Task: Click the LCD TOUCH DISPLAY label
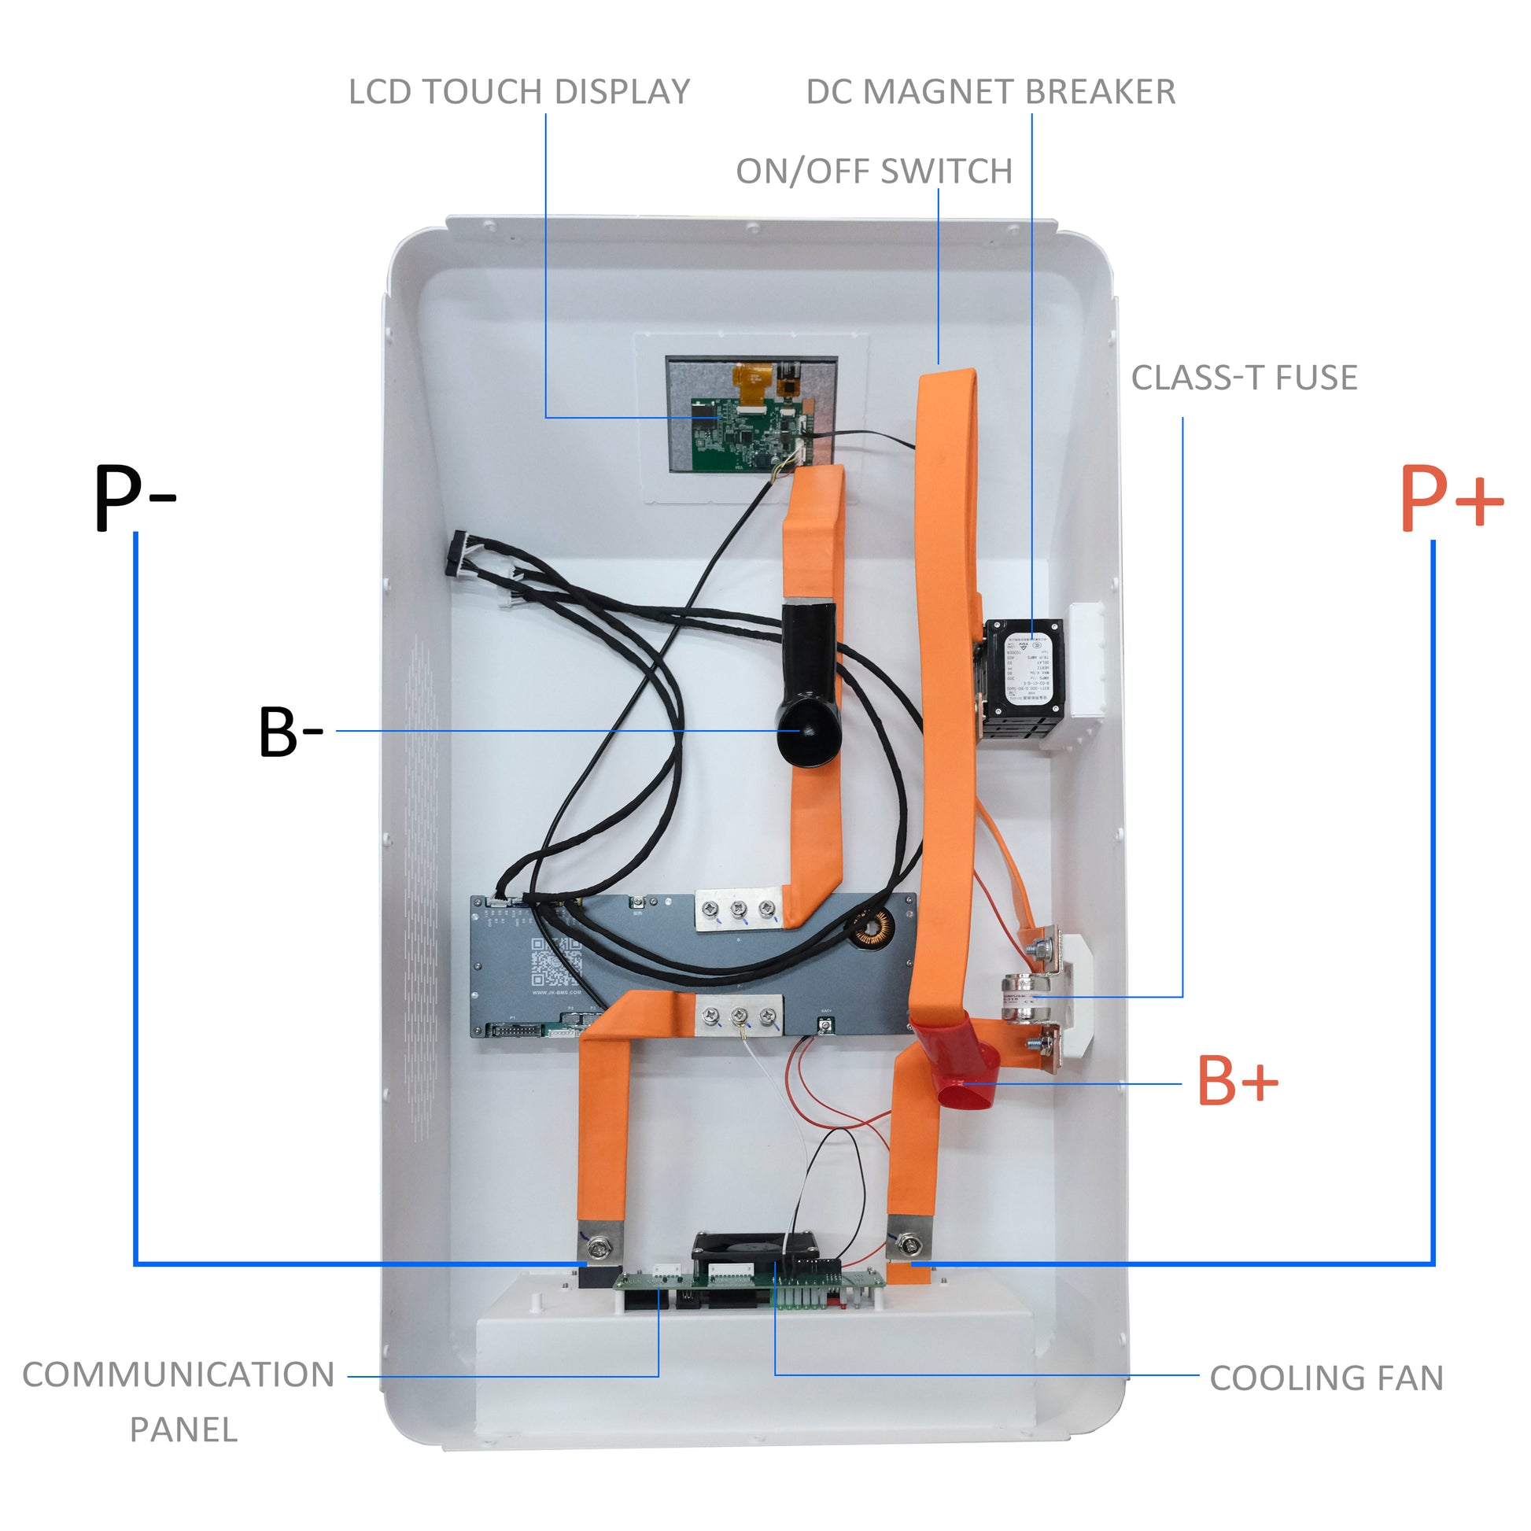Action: pos(519,92)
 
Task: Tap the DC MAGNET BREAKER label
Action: pos(990,92)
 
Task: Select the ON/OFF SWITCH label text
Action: pos(874,172)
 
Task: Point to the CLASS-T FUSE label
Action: pos(1243,378)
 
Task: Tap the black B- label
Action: pos(290,732)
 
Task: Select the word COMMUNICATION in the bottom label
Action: pos(179,1375)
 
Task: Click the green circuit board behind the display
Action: pos(745,434)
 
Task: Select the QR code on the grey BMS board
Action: pos(555,962)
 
